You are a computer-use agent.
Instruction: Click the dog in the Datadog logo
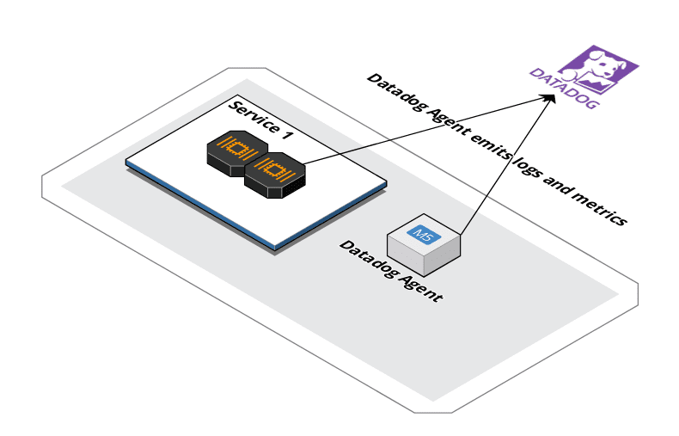601,67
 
